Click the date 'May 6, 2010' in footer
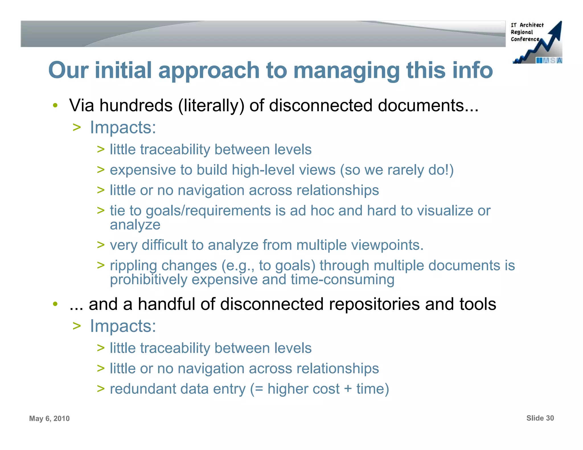pyautogui.click(x=49, y=418)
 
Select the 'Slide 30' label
pyautogui.click(x=540, y=418)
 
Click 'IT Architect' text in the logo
pyautogui.click(x=527, y=25)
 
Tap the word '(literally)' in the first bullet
pyautogui.click(x=211, y=106)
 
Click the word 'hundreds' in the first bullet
pyautogui.click(x=136, y=106)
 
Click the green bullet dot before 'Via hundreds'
pyautogui.click(x=55, y=106)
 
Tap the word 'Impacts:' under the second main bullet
pyautogui.click(x=123, y=326)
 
